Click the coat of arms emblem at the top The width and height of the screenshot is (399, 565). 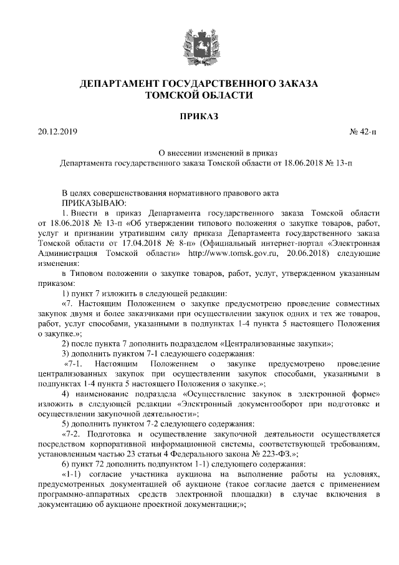tap(199, 44)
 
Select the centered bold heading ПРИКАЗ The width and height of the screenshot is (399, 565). tap(199, 115)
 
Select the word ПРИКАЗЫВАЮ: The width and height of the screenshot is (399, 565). tap(94, 202)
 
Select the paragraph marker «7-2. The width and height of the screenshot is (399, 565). tap(74, 433)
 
